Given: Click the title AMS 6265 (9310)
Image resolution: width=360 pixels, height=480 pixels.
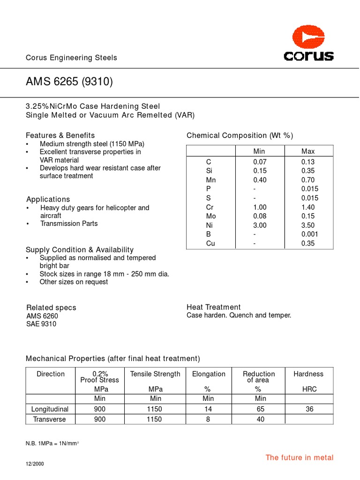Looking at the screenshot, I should point(69,82).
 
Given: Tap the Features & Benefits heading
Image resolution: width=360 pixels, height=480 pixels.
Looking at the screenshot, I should point(60,135).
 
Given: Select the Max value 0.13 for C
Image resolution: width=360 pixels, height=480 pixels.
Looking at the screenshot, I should point(308,162).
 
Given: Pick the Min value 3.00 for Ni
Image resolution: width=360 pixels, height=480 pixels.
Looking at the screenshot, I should point(260,225).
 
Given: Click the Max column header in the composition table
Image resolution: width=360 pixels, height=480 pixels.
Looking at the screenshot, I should point(308,151).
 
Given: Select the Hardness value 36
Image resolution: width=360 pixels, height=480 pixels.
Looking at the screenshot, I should point(309,409).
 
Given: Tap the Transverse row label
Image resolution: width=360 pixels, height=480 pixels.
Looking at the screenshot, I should point(49,420).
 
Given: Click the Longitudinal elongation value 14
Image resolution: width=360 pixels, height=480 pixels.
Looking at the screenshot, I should point(208,409).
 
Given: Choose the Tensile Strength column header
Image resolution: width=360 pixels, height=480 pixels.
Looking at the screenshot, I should point(155,374).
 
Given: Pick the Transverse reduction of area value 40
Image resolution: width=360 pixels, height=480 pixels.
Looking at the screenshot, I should point(261,420).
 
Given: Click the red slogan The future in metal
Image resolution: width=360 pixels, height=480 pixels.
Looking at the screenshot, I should point(300,457).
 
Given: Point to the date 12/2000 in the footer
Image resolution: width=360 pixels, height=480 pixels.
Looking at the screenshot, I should point(35,464).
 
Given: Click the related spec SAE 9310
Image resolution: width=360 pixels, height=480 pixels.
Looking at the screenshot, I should point(41,324).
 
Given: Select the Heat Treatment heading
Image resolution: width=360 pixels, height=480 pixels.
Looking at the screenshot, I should point(213,307).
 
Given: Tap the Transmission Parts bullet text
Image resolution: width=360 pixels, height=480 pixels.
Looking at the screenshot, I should point(69,224).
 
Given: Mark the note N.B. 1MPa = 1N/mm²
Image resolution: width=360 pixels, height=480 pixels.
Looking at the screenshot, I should point(52,443).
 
